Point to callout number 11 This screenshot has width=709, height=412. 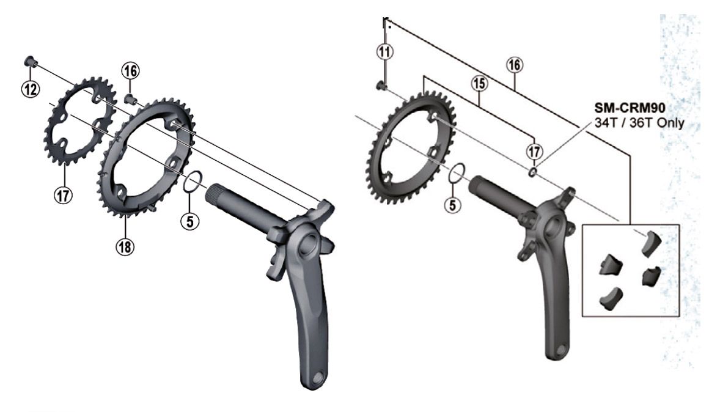(384, 53)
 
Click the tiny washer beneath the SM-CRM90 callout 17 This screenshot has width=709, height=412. (534, 172)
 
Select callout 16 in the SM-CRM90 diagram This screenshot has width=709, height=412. (515, 65)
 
